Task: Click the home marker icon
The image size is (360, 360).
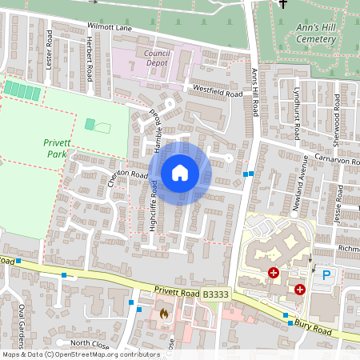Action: (180, 173)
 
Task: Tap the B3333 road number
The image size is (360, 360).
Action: (214, 296)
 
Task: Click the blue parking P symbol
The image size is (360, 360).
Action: (326, 274)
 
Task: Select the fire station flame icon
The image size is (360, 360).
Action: (164, 313)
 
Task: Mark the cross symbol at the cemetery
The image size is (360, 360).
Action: (282, 5)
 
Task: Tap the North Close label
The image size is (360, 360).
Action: (90, 343)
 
